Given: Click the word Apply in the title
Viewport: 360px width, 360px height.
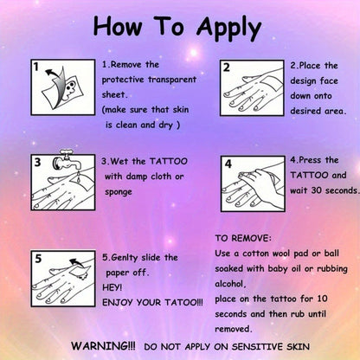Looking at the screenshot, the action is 228,29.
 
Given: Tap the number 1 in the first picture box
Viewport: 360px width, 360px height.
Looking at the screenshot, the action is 35,67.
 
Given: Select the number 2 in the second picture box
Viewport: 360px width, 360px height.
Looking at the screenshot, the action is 227,67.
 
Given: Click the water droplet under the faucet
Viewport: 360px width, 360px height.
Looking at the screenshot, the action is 79,177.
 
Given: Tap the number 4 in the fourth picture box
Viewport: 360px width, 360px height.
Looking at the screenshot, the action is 228,164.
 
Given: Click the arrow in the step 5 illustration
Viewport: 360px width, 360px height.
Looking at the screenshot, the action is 76,262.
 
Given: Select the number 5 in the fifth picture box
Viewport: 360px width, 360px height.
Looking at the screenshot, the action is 38,259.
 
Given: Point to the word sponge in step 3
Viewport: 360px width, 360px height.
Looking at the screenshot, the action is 119,192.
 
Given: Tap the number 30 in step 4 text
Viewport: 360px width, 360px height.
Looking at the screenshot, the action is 317,190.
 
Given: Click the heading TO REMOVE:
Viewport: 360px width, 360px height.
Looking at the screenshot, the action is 243,238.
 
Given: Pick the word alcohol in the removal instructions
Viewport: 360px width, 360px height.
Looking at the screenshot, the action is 230,284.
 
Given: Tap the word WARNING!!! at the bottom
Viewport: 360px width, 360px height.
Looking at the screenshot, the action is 103,346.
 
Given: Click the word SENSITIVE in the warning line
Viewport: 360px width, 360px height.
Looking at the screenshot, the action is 258,346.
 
